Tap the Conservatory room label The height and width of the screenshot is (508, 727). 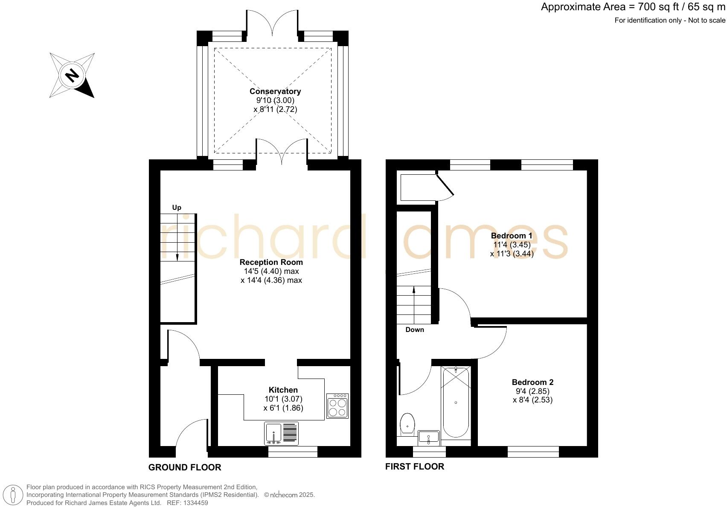click(x=275, y=91)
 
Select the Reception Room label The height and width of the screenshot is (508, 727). click(x=271, y=262)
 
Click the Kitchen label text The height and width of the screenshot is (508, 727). click(x=283, y=390)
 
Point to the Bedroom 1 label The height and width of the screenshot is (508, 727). click(x=512, y=235)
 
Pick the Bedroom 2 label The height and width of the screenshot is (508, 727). click(x=532, y=382)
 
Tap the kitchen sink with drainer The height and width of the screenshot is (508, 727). click(x=281, y=433)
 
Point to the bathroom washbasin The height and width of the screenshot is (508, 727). click(x=428, y=438)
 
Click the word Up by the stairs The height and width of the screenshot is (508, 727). click(x=177, y=208)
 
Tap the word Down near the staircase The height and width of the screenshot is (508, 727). click(x=414, y=329)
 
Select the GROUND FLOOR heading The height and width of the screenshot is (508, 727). click(x=185, y=467)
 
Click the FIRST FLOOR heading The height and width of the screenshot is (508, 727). click(x=414, y=467)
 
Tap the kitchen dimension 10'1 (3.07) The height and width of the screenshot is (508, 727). click(x=283, y=399)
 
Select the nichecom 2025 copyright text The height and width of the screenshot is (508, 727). click(x=290, y=495)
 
